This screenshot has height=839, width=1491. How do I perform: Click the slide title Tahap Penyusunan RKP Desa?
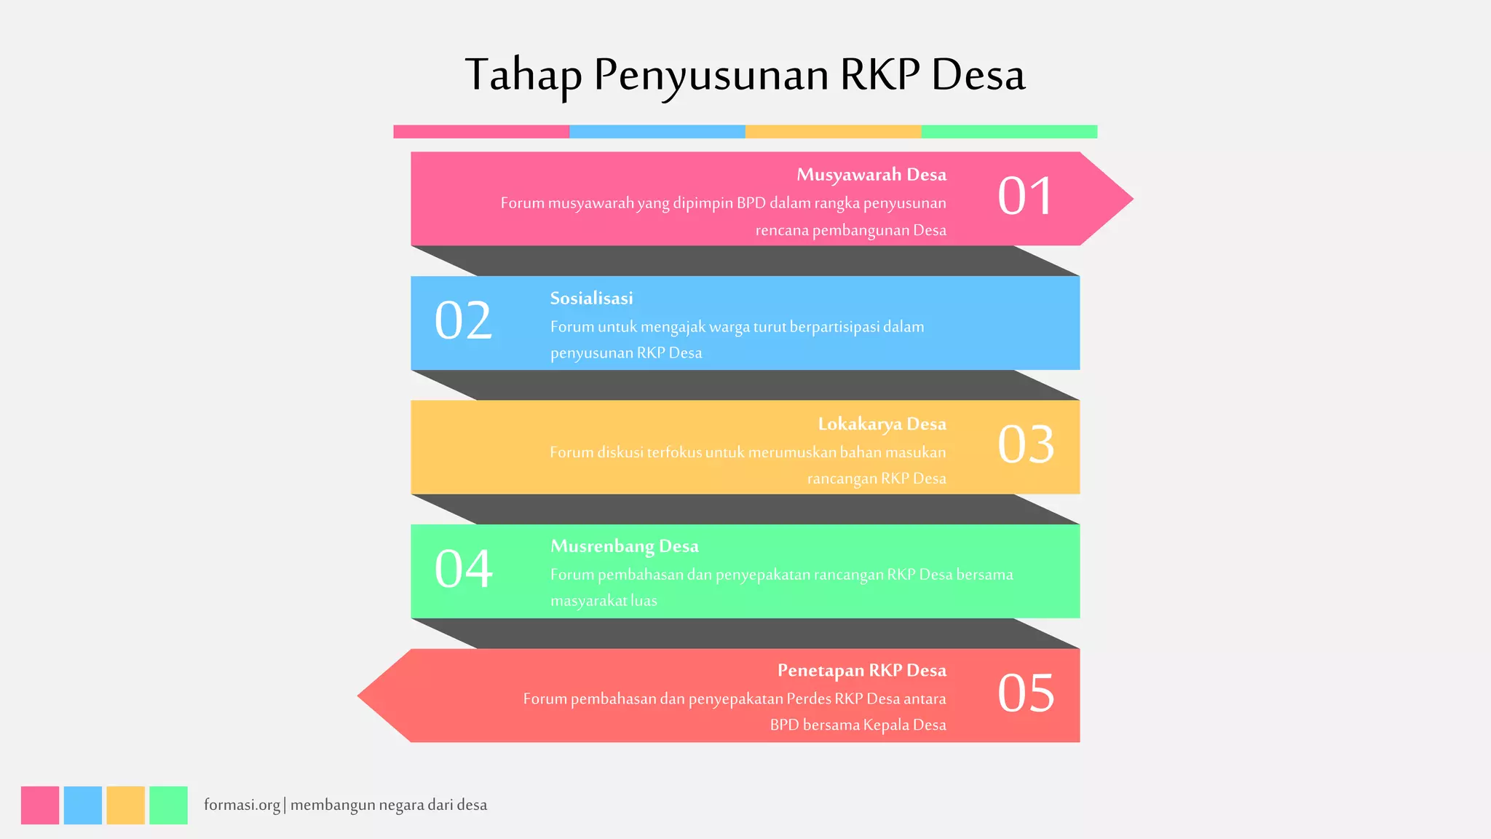[x=745, y=74]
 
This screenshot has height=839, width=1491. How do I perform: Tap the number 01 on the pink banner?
[x=1025, y=197]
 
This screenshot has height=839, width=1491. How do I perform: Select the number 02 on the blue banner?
[x=463, y=321]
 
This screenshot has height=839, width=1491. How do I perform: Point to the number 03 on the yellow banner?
[x=1025, y=445]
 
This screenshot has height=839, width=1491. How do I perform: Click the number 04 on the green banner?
[x=463, y=569]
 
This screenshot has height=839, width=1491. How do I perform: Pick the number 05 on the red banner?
[x=1025, y=693]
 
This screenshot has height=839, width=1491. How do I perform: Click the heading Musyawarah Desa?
[x=871, y=175]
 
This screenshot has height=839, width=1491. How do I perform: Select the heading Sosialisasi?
[x=591, y=299]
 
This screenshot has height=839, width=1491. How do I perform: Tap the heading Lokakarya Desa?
[x=882, y=424]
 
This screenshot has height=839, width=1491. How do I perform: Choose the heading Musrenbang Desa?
[x=624, y=546]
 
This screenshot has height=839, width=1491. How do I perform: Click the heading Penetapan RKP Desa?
[x=861, y=671]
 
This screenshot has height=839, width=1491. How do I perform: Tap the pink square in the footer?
[x=40, y=805]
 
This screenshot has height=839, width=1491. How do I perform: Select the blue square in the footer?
[x=83, y=805]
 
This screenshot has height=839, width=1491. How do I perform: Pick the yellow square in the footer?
[x=125, y=805]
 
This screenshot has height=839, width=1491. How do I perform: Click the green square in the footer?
[x=168, y=805]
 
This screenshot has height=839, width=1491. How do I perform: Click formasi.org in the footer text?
[x=242, y=805]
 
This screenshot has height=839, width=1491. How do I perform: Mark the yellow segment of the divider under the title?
[x=833, y=132]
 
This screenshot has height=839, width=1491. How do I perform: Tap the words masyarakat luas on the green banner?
[x=604, y=601]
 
